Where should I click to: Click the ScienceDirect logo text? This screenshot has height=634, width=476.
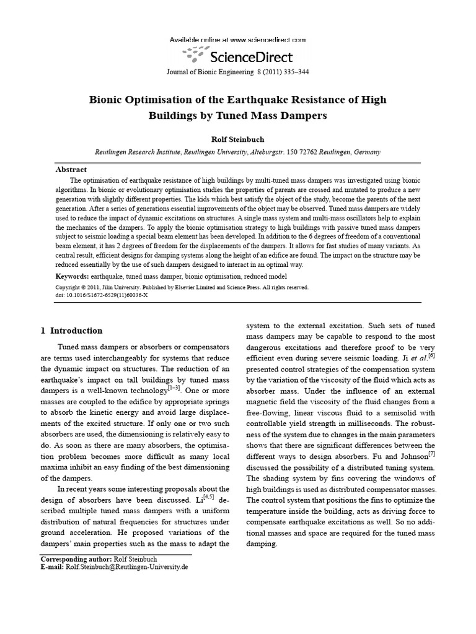click(x=252, y=58)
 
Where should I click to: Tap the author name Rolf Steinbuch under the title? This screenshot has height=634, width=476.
click(x=238, y=139)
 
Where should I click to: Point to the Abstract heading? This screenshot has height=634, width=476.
click(x=71, y=169)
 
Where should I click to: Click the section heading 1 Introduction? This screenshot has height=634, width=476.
click(x=71, y=331)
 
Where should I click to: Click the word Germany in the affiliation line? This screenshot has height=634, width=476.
click(x=366, y=152)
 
